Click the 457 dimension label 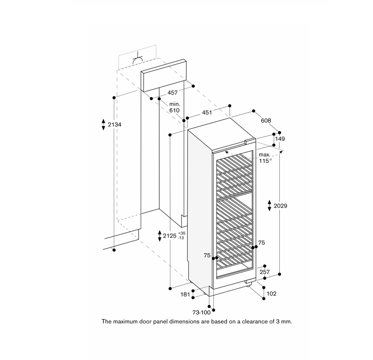173,93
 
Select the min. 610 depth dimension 175,107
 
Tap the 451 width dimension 207,112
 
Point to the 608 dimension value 266,121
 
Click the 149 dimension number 280,139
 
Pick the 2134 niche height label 114,124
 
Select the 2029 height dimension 280,206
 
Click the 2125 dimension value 170,236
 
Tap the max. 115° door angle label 265,158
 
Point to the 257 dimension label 265,272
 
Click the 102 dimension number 271,294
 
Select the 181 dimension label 185,295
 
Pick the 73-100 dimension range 201,312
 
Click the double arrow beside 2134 103,124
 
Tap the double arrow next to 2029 269,206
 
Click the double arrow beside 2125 160,236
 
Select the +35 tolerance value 182,233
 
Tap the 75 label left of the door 207,255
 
